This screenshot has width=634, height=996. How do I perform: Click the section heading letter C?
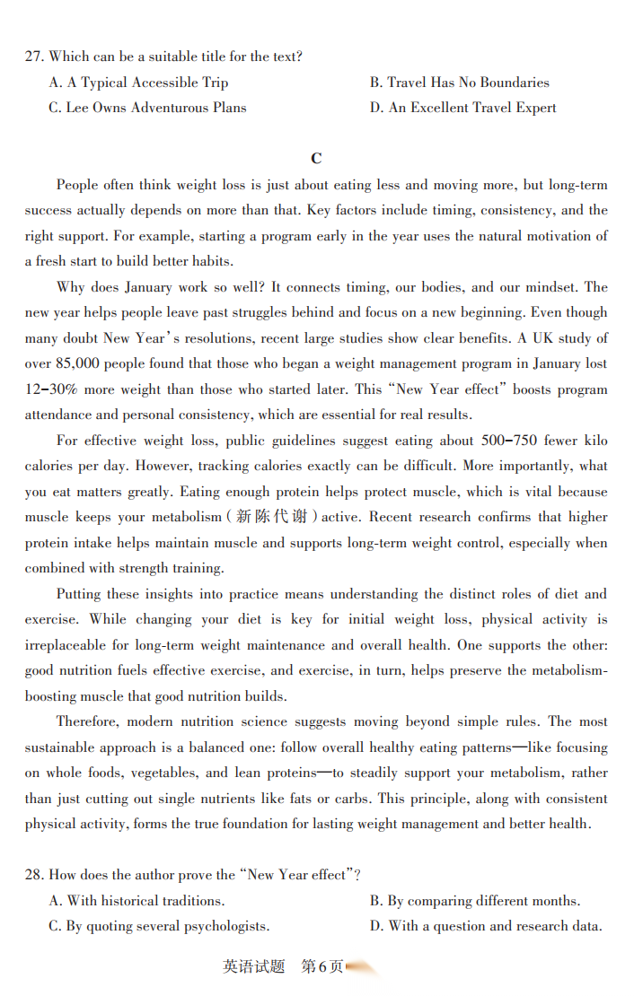[316, 159]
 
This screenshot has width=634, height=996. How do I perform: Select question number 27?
[34, 57]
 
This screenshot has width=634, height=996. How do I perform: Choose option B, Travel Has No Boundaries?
[459, 83]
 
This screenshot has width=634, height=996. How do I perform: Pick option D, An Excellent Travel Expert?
[462, 108]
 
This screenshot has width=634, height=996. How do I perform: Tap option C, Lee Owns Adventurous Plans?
[147, 108]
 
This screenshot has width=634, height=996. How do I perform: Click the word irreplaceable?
[76, 645]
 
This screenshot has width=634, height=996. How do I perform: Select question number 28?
[34, 875]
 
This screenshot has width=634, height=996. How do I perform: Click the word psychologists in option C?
[224, 926]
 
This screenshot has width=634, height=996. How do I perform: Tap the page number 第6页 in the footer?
[321, 966]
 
